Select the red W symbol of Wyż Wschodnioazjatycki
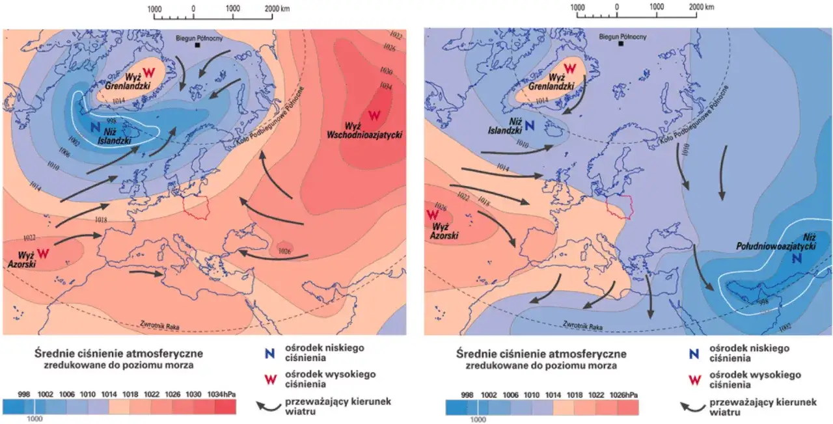(x=374, y=116)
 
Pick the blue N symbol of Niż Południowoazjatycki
(x=797, y=258)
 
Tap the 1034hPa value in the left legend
(x=223, y=395)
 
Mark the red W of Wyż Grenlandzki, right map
(x=570, y=68)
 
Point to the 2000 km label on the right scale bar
(x=700, y=7)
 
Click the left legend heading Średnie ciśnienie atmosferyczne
(x=118, y=354)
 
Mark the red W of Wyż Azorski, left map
(x=43, y=252)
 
